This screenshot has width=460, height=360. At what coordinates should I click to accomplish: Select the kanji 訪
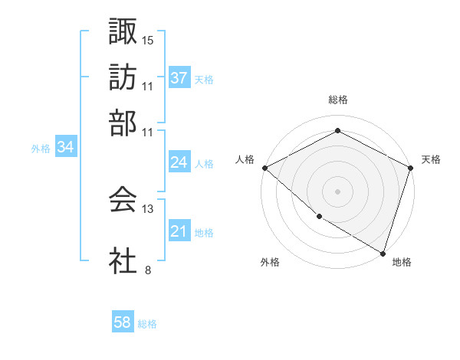(123, 77)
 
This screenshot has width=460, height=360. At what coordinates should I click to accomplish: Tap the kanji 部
(123, 123)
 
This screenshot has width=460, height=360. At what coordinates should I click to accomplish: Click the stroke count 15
(148, 39)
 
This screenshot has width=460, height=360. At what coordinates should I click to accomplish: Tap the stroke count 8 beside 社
(147, 270)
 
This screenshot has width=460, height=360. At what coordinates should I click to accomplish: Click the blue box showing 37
(179, 77)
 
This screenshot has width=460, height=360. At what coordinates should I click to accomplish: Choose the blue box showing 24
(179, 162)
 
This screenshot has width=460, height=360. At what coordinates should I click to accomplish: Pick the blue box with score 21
(179, 231)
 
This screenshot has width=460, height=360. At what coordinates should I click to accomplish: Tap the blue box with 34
(65, 148)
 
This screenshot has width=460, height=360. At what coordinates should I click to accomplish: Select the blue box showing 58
(123, 322)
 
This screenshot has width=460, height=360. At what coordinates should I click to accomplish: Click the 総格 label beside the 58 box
(147, 324)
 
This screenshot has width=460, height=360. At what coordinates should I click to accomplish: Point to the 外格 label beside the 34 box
(41, 149)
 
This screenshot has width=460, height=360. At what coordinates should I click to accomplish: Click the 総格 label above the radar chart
(337, 100)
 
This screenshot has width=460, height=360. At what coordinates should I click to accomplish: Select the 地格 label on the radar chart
(402, 262)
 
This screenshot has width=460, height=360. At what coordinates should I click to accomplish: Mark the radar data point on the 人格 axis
(264, 168)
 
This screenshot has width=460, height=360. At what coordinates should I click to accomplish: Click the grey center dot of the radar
(337, 191)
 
